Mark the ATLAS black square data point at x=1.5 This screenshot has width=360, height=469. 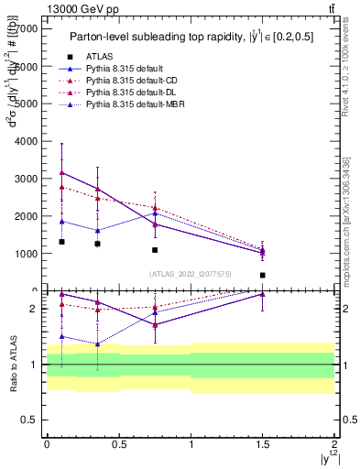[263, 275]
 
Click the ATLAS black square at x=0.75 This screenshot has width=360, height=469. [155, 250]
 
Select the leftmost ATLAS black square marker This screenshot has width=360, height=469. [61, 242]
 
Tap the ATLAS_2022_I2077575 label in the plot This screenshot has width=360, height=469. [190, 274]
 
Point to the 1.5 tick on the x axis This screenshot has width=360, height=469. [263, 444]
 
